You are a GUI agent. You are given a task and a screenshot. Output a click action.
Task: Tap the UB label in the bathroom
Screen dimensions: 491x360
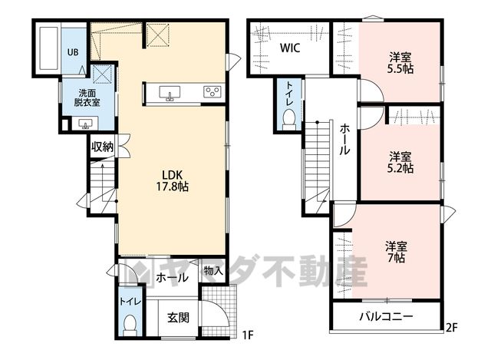pos(73,52)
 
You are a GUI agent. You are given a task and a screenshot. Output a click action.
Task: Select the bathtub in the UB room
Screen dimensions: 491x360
pos(48,48)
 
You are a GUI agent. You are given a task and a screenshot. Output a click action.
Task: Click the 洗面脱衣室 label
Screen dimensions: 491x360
pos(87,97)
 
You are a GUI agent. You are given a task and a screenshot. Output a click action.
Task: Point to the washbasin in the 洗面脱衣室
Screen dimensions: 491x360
pos(85,124)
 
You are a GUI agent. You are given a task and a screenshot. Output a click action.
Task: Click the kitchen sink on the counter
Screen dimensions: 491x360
pos(170,93)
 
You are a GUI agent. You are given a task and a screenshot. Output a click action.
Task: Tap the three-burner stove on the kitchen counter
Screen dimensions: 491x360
pos(212,91)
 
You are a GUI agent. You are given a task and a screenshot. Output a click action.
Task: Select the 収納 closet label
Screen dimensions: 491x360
pos(102,147)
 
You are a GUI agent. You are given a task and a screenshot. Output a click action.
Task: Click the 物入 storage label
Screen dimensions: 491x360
pos(213,271)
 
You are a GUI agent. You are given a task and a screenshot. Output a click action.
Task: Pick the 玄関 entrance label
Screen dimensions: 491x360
pos(178,318)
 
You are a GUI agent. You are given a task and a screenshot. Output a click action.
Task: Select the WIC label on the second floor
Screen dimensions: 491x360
pos(290,48)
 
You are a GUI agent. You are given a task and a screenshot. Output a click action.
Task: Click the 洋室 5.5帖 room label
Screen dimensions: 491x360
pos(400,63)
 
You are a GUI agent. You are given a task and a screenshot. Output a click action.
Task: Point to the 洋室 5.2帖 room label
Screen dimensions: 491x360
pos(400,163)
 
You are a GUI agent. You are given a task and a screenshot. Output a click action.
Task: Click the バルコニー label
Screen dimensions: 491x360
pos(386,317)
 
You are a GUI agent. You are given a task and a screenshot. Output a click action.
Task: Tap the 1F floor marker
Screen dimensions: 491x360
pos(247,335)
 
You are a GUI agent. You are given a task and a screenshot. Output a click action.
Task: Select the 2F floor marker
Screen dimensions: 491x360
pos(452,328)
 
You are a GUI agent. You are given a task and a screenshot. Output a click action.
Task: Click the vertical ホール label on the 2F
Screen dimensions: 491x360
pos(344,139)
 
